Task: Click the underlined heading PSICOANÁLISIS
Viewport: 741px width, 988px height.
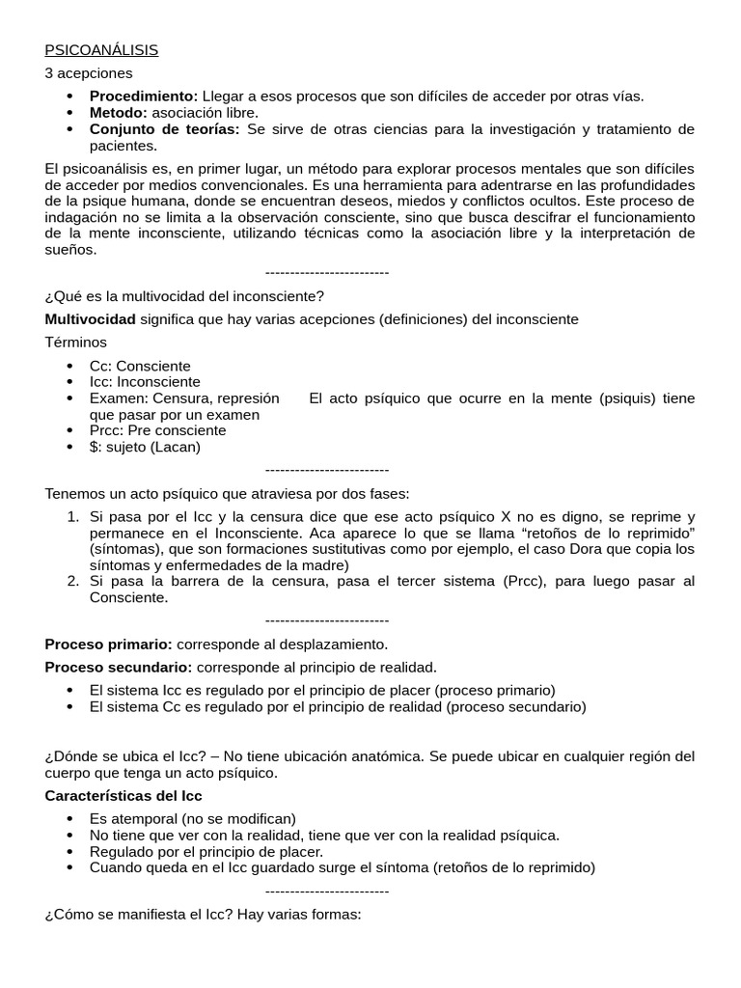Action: pos(101,50)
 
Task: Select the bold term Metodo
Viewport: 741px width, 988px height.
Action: pos(119,113)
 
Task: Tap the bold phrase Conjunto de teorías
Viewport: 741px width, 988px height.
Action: pos(164,129)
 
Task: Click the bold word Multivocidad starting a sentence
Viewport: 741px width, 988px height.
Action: pos(91,319)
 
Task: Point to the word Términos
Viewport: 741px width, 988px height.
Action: pos(76,343)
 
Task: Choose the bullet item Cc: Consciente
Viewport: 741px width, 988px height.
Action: pos(140,367)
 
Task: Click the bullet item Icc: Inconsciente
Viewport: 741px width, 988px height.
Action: pos(145,382)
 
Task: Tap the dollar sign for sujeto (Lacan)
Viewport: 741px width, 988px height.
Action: pos(94,447)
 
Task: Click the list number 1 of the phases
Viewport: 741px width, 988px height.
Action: pos(73,516)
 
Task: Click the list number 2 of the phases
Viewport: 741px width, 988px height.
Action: pos(73,581)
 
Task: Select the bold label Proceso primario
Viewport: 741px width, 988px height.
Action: pos(108,644)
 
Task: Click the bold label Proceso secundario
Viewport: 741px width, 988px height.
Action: pos(118,667)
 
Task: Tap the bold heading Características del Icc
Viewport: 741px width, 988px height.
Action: pos(123,796)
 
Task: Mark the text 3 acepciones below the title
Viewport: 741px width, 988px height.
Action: pos(89,73)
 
